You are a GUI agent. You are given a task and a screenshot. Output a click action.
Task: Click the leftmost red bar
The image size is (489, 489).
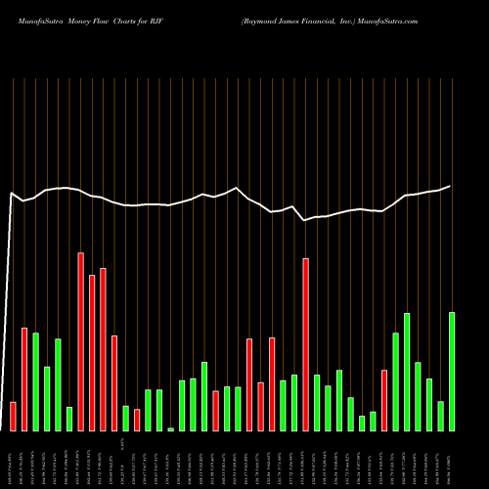13,416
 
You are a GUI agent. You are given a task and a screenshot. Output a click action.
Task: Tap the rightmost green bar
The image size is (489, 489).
452,372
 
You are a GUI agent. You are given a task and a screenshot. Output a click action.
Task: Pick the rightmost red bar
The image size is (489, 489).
384,400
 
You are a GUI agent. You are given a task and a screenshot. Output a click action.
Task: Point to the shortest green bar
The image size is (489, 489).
170,429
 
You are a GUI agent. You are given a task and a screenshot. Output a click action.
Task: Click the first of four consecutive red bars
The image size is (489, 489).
80,341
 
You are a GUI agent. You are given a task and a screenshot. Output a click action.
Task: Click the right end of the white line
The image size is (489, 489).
450,186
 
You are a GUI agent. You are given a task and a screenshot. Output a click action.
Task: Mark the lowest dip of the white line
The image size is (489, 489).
305,220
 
